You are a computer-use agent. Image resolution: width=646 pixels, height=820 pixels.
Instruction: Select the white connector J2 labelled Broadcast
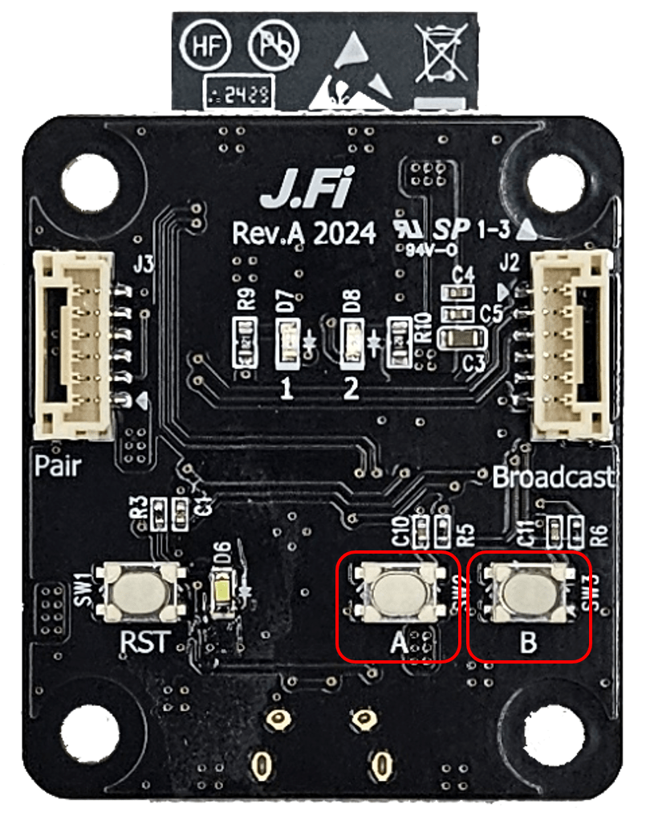pos(571,344)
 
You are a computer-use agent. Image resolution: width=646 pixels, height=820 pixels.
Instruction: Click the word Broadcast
pos(553,478)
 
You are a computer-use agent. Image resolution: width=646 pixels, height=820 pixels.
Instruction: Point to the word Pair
pos(59,465)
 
